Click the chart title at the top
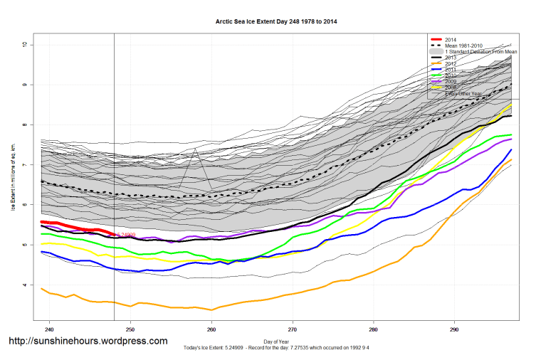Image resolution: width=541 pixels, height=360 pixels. tap(276, 22)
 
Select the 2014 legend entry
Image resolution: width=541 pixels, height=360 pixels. tap(451, 39)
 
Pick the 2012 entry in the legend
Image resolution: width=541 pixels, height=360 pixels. tap(451, 64)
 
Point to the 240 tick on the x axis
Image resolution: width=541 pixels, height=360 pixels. tap(49, 330)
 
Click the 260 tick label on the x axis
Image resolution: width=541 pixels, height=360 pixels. tap(211, 330)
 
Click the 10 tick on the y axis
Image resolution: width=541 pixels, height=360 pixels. tap(24, 45)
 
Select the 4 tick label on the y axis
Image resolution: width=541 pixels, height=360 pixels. tap(24, 285)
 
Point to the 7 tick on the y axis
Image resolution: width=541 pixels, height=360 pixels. tap(24, 165)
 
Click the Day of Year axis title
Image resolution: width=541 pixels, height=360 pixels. tap(276, 342)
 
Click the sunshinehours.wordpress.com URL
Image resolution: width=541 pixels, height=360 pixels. tap(88, 342)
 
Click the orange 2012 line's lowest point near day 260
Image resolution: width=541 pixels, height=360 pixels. tap(211, 310)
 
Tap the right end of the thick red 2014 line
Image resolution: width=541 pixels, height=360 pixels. tap(115, 234)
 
